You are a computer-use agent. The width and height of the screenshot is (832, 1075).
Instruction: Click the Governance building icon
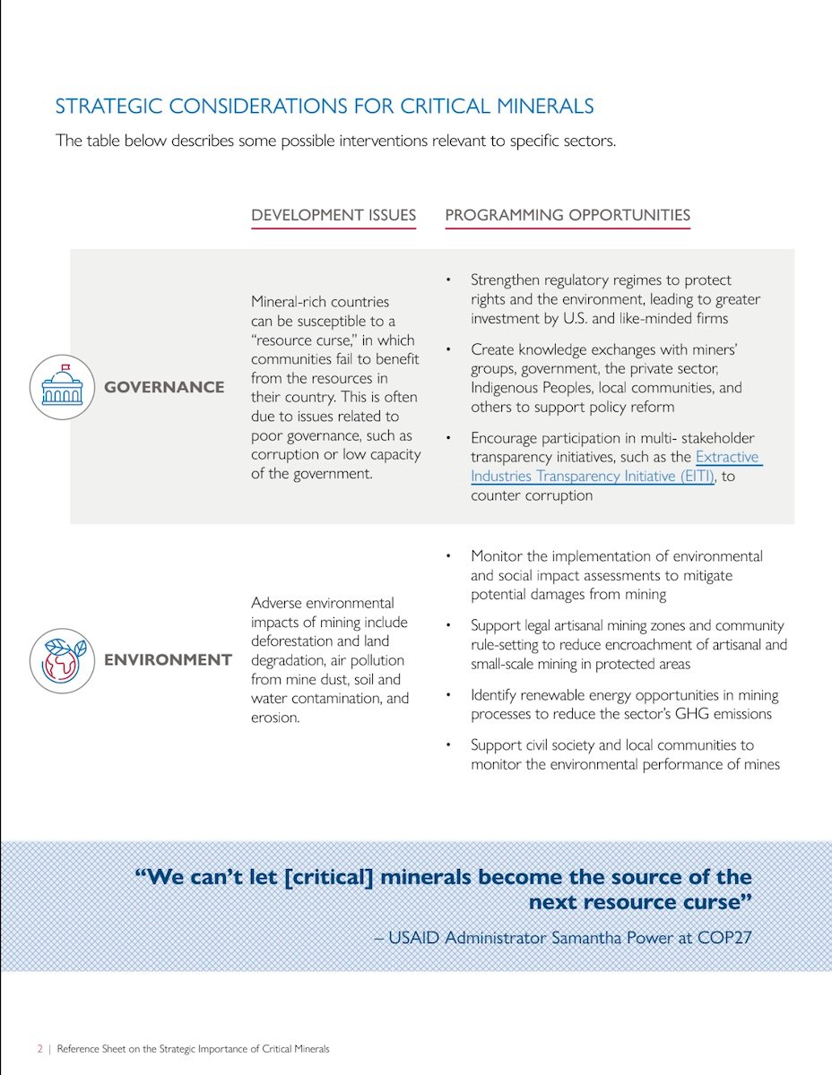62,387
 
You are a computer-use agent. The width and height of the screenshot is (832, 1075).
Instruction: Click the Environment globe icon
62,660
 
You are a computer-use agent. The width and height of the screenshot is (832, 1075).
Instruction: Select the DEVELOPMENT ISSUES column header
334,215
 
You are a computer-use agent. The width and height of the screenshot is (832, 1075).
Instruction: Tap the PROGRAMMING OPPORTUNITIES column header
568,215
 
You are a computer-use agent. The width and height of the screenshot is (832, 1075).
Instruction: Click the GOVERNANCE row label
164,387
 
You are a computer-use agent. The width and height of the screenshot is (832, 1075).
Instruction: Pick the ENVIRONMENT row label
168,660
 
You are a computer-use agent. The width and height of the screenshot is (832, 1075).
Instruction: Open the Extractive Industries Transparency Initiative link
615,467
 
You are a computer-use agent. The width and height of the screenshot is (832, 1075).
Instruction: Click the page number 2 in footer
39,1048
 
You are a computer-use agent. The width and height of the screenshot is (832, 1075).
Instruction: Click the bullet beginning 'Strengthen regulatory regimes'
601,280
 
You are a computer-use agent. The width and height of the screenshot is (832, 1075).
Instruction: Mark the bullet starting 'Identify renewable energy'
624,695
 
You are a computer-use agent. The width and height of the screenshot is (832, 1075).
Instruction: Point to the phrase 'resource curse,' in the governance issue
303,340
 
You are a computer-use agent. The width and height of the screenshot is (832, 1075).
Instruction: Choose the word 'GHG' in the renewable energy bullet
701,714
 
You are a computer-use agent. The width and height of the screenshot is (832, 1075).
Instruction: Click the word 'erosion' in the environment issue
275,717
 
